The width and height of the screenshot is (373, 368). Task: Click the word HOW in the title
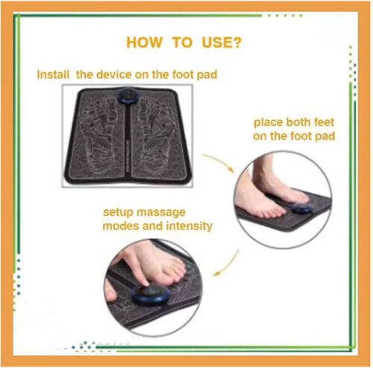[144, 42]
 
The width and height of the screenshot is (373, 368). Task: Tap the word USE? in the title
[222, 42]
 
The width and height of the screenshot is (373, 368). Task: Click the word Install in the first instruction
[53, 74]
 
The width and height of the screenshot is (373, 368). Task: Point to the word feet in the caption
[324, 122]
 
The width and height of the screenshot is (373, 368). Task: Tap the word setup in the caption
[118, 213]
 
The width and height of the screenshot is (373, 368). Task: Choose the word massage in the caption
[161, 213]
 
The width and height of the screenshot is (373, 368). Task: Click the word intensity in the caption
[189, 226]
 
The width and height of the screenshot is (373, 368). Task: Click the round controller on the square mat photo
[128, 96]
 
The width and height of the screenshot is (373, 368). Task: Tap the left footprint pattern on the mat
[99, 136]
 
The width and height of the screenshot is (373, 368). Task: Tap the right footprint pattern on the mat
[154, 136]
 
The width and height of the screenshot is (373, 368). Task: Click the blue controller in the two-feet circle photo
[301, 208]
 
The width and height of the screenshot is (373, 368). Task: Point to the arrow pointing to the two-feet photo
[218, 162]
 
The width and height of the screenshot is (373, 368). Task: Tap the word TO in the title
[182, 42]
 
